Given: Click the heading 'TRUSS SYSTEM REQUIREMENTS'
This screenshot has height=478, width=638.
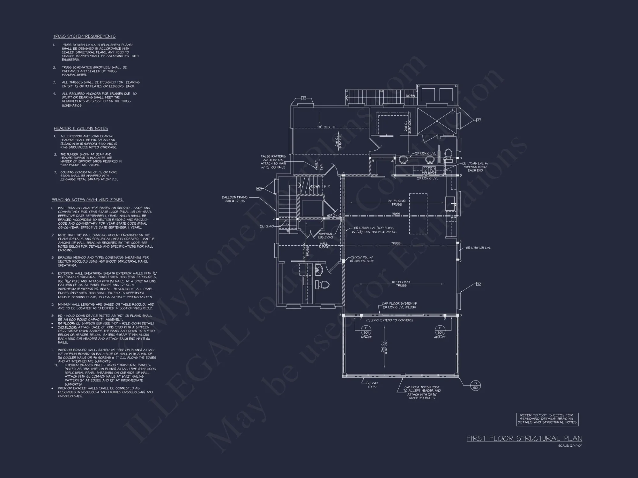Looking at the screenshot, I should (84, 36).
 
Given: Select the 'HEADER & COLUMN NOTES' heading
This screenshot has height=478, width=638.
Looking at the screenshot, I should (81, 128).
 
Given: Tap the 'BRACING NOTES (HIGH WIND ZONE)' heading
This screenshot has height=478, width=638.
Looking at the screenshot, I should (87, 200).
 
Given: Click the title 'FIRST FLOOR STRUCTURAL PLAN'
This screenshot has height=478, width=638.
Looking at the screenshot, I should (524, 438).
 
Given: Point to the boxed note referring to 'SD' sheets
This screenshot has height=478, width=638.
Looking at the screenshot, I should (547, 419).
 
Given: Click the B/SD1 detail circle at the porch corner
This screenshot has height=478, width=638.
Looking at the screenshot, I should (475, 385).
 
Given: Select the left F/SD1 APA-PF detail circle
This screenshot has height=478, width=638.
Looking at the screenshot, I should (366, 330).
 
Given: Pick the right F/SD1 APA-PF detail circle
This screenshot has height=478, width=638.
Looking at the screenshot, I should (440, 330).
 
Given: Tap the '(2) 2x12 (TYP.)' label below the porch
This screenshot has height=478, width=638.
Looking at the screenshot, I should (372, 385).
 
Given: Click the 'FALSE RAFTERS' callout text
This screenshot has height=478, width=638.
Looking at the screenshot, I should (273, 162).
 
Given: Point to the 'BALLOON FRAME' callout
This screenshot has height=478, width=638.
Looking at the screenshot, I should (235, 199).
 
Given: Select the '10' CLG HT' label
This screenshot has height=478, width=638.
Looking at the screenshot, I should (326, 127).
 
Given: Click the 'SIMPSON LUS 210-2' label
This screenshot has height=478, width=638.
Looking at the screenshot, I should (325, 235).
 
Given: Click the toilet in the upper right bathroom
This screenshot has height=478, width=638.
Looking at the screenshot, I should (448, 154).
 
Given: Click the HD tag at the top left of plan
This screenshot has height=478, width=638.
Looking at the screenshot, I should (303, 98).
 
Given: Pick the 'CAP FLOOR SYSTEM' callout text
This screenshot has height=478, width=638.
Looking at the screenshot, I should (399, 305).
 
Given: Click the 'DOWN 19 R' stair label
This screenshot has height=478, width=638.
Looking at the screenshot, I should (320, 186).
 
